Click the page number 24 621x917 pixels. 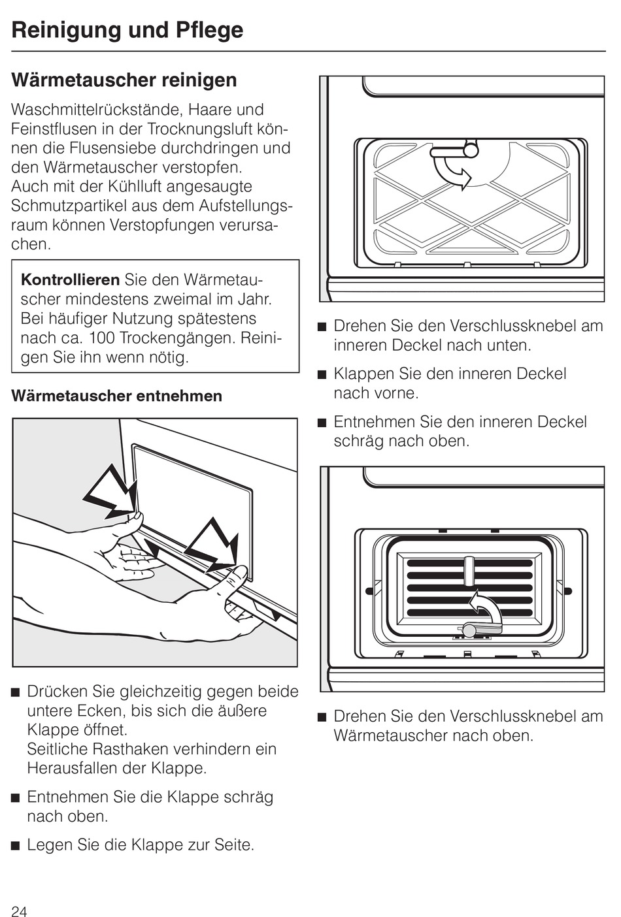click(x=19, y=911)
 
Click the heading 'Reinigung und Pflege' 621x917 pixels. click(x=127, y=30)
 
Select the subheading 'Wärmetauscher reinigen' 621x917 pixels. click(x=124, y=80)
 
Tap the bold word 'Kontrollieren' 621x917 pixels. click(x=71, y=280)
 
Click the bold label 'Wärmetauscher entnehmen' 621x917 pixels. click(x=117, y=396)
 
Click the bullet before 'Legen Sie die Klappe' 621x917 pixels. click(x=15, y=846)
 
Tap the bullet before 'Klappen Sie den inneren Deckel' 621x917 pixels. click(x=321, y=375)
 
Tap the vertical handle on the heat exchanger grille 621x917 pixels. click(x=468, y=571)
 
